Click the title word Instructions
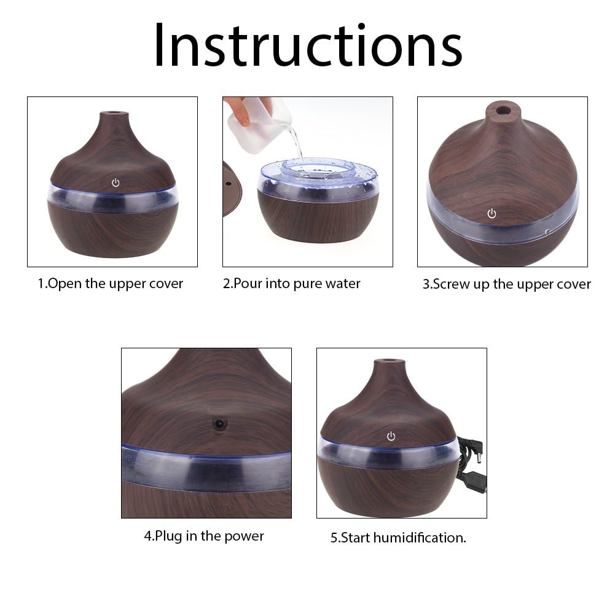(307, 46)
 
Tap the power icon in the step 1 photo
(115, 183)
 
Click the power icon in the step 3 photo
(492, 214)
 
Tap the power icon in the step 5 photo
(391, 437)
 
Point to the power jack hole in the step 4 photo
(219, 424)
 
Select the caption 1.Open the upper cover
(111, 284)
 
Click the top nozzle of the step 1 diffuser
(115, 115)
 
